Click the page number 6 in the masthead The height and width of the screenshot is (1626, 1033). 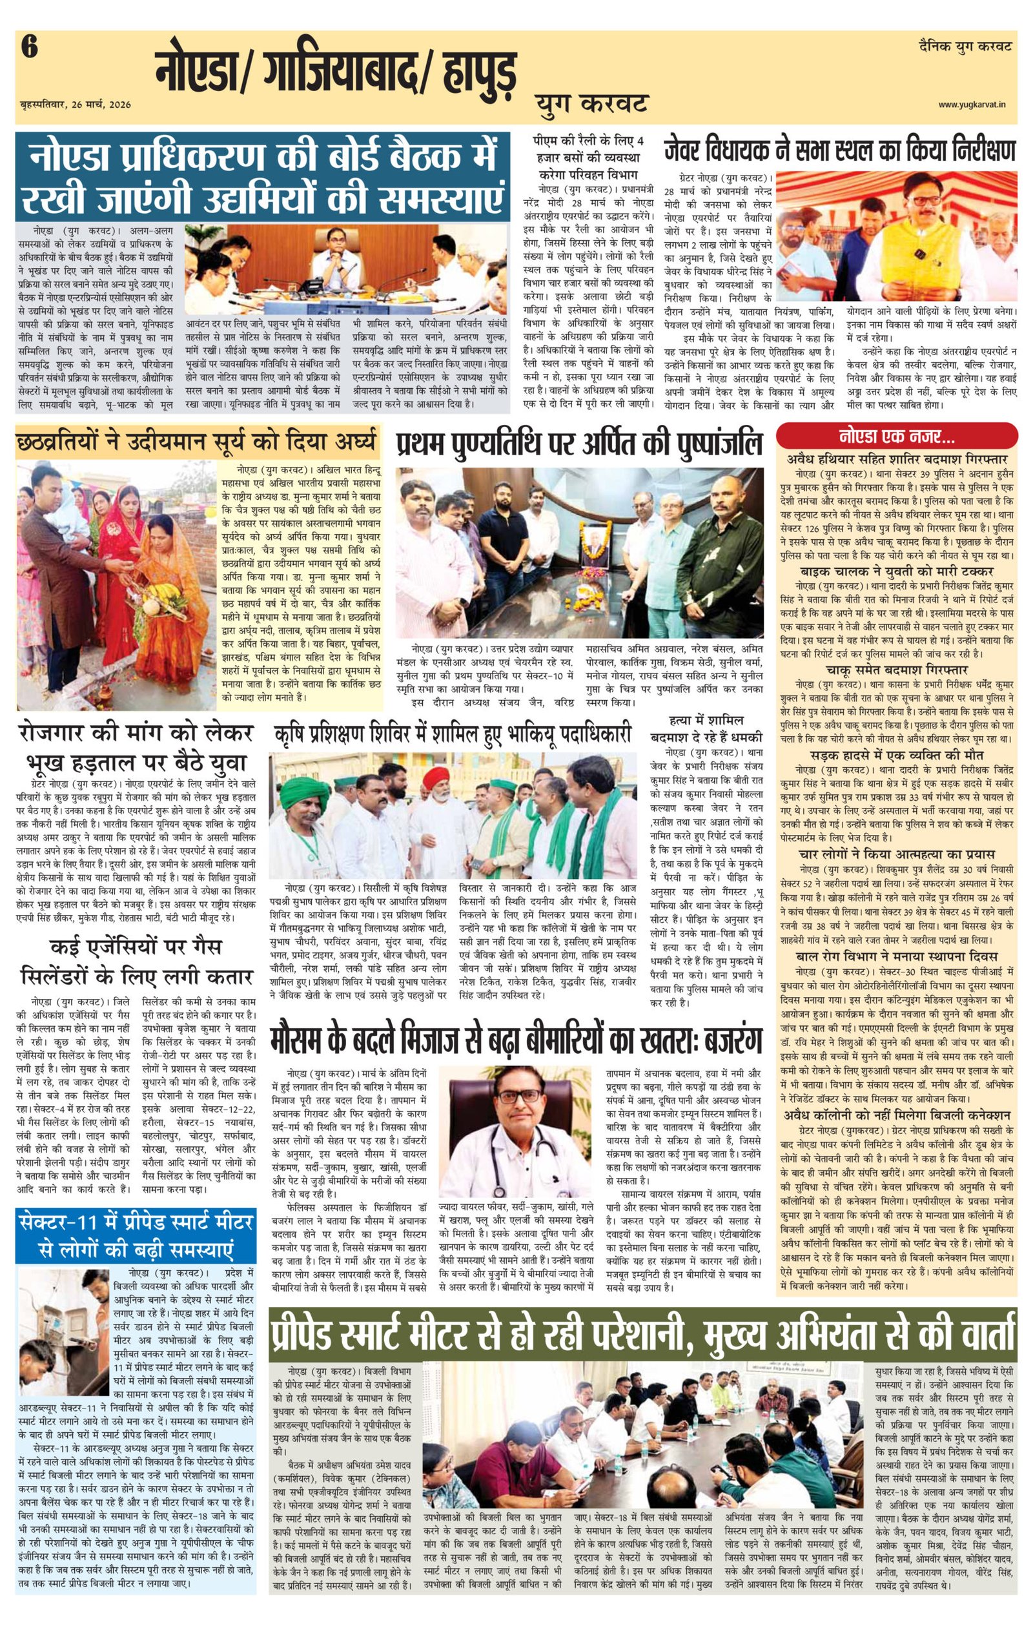pyautogui.click(x=30, y=48)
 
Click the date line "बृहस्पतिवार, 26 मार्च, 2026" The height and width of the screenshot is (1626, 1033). pyautogui.click(x=76, y=105)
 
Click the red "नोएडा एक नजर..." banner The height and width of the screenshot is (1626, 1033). pyautogui.click(x=897, y=437)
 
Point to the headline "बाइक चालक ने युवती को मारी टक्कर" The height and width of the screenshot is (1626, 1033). pyautogui.click(x=897, y=571)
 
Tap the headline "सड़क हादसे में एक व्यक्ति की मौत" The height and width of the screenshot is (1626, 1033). pyautogui.click(x=897, y=755)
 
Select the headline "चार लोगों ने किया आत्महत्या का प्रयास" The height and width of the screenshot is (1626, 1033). pyautogui.click(x=897, y=854)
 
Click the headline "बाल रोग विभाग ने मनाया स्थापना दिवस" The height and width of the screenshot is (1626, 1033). pyautogui.click(x=897, y=956)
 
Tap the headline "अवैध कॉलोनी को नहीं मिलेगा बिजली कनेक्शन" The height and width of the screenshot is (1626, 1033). pyautogui.click(x=897, y=1114)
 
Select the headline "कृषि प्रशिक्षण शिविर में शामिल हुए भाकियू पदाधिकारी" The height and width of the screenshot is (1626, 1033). pyautogui.click(x=453, y=734)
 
